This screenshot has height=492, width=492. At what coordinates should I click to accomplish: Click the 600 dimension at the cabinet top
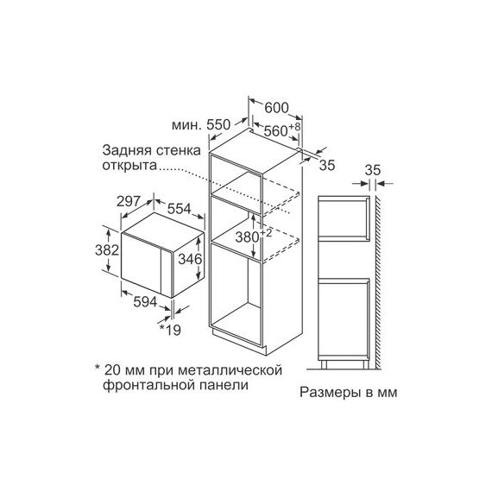click(276, 108)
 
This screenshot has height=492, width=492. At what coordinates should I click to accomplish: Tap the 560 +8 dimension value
click(282, 129)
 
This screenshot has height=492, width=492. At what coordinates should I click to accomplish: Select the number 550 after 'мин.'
click(218, 125)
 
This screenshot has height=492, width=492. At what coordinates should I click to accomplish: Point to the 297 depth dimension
click(128, 201)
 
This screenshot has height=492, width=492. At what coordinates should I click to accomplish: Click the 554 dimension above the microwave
click(179, 209)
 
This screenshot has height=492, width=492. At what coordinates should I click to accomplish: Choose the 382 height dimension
click(107, 250)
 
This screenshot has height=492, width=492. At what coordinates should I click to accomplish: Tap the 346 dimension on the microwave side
click(190, 259)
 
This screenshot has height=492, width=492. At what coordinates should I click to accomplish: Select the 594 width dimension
click(145, 302)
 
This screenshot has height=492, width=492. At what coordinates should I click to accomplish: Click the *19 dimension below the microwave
click(170, 330)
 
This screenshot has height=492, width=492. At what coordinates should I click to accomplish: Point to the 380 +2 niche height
click(254, 236)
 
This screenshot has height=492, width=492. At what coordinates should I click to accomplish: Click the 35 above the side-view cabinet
click(373, 170)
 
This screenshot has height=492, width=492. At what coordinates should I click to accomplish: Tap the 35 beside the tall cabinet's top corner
click(327, 165)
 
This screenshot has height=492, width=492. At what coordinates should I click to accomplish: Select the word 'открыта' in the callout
click(129, 166)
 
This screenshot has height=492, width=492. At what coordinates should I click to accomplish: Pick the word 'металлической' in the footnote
click(230, 370)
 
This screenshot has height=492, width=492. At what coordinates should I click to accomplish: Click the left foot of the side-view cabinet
click(325, 364)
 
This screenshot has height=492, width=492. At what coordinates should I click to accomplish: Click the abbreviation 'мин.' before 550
click(186, 125)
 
